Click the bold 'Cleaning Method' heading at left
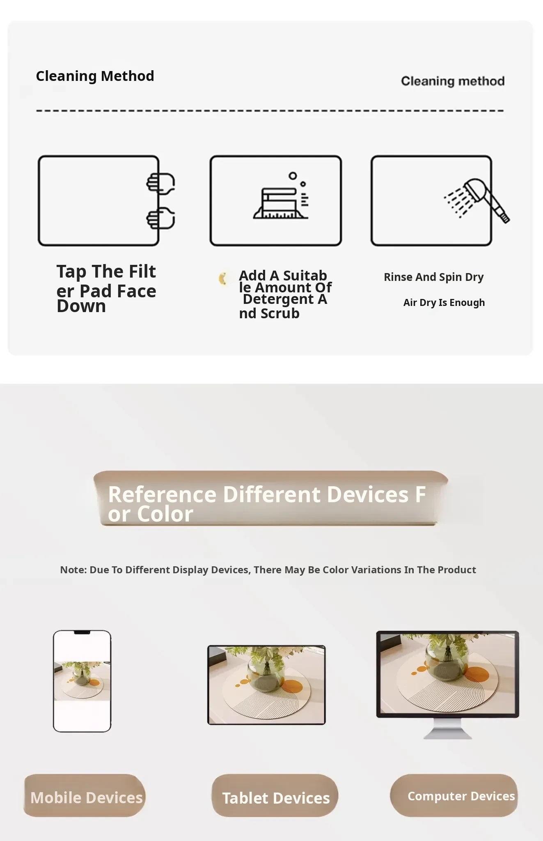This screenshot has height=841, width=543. (95, 76)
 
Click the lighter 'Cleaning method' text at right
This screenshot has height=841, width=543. (453, 81)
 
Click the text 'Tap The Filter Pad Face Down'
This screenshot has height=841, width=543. (106, 289)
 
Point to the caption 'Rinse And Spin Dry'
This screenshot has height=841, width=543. (434, 277)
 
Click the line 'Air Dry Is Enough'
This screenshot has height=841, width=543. (444, 303)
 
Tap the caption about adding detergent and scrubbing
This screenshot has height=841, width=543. (285, 294)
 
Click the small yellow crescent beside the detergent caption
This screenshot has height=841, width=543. (223, 278)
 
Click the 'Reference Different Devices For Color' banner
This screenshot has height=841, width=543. (270, 498)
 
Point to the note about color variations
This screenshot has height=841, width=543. (268, 570)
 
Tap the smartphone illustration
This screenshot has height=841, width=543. (82, 681)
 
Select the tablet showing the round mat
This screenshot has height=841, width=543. (266, 685)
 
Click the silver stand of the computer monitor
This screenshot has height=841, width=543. (447, 728)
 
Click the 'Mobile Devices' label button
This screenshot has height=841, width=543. (85, 795)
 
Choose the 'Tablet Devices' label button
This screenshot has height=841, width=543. (275, 795)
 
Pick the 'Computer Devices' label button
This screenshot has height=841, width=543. (454, 795)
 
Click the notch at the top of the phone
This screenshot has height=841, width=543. (82, 633)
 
